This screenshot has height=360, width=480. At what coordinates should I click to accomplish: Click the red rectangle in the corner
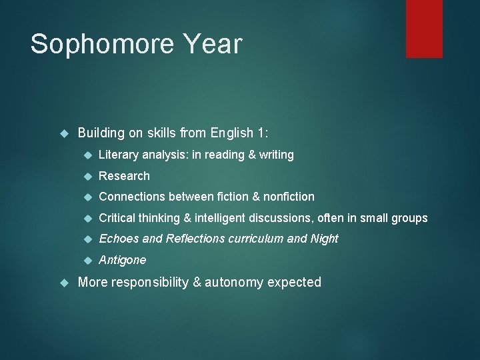[x=424, y=29]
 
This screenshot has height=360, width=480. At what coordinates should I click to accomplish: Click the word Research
[x=124, y=176]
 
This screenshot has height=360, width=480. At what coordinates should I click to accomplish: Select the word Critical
[x=118, y=218]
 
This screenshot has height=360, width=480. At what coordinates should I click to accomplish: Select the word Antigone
[x=122, y=259]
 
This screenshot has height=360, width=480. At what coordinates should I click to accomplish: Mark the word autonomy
[x=234, y=282]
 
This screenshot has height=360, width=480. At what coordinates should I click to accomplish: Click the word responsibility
[x=150, y=282]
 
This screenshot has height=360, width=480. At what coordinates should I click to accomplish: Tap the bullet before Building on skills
[x=65, y=133]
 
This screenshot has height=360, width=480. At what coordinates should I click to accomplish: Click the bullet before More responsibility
[x=65, y=282]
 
